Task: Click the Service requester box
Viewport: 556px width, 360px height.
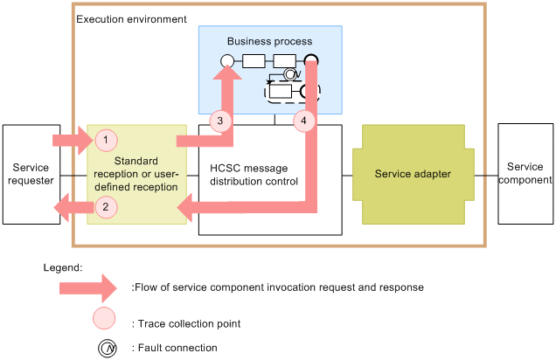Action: coord(31,174)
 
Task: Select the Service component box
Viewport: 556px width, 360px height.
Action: coord(525,174)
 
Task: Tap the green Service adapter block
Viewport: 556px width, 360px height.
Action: coord(413,175)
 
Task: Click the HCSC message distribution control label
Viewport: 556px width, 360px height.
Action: coord(254,174)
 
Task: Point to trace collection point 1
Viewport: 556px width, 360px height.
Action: coord(105,139)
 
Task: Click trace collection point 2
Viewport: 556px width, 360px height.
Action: coord(105,207)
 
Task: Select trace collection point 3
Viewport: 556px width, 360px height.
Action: coord(221,120)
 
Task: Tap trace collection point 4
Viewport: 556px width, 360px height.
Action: coord(303,120)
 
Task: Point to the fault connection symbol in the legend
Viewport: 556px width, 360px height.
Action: coord(106,348)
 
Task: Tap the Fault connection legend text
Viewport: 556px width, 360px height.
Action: coord(175,348)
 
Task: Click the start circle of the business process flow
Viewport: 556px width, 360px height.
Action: coord(226,61)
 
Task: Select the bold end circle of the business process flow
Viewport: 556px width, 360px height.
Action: coord(310,61)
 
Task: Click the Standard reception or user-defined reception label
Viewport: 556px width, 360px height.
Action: coord(137,174)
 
